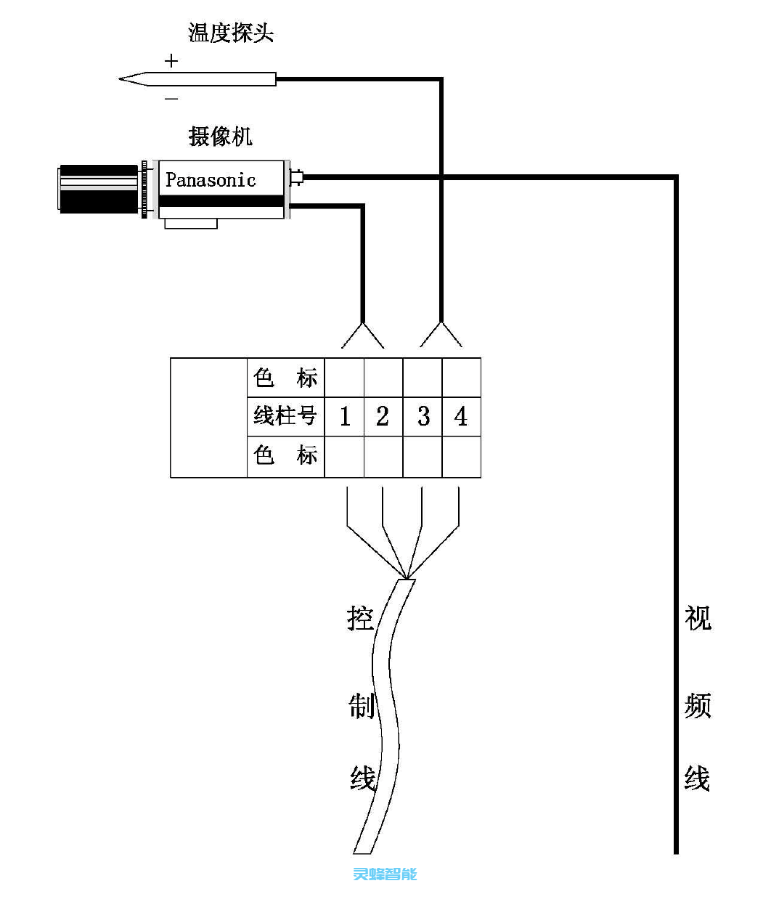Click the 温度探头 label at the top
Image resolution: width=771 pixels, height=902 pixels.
click(x=230, y=33)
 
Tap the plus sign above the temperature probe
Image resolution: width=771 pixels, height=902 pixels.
click(x=171, y=61)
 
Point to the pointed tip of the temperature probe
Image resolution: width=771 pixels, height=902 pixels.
click(x=123, y=79)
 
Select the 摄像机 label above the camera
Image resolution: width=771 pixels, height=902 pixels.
click(x=220, y=136)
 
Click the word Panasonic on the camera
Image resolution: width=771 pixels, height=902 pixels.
click(x=211, y=180)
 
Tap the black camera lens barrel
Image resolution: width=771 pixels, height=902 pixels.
click(x=98, y=190)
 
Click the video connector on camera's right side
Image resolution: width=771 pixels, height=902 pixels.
click(x=297, y=176)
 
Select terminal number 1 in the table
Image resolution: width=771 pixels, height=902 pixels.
click(x=345, y=417)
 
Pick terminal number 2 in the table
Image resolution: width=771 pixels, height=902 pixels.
click(x=383, y=417)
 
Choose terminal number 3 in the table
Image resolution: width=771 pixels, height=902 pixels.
click(x=423, y=417)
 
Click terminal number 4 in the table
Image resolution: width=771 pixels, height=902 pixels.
click(x=460, y=417)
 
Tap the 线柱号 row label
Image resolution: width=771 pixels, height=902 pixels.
click(x=285, y=417)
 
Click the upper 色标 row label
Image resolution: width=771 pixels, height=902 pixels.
click(x=285, y=378)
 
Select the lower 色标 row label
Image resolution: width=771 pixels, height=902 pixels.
click(x=285, y=456)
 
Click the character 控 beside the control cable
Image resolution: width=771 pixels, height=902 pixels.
click(x=360, y=619)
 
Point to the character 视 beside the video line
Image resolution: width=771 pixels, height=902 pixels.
click(x=697, y=619)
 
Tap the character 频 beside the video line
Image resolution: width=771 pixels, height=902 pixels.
click(x=697, y=705)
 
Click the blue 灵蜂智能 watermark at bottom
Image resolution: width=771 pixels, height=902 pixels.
click(x=385, y=874)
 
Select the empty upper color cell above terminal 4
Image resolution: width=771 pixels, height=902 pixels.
click(x=461, y=378)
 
